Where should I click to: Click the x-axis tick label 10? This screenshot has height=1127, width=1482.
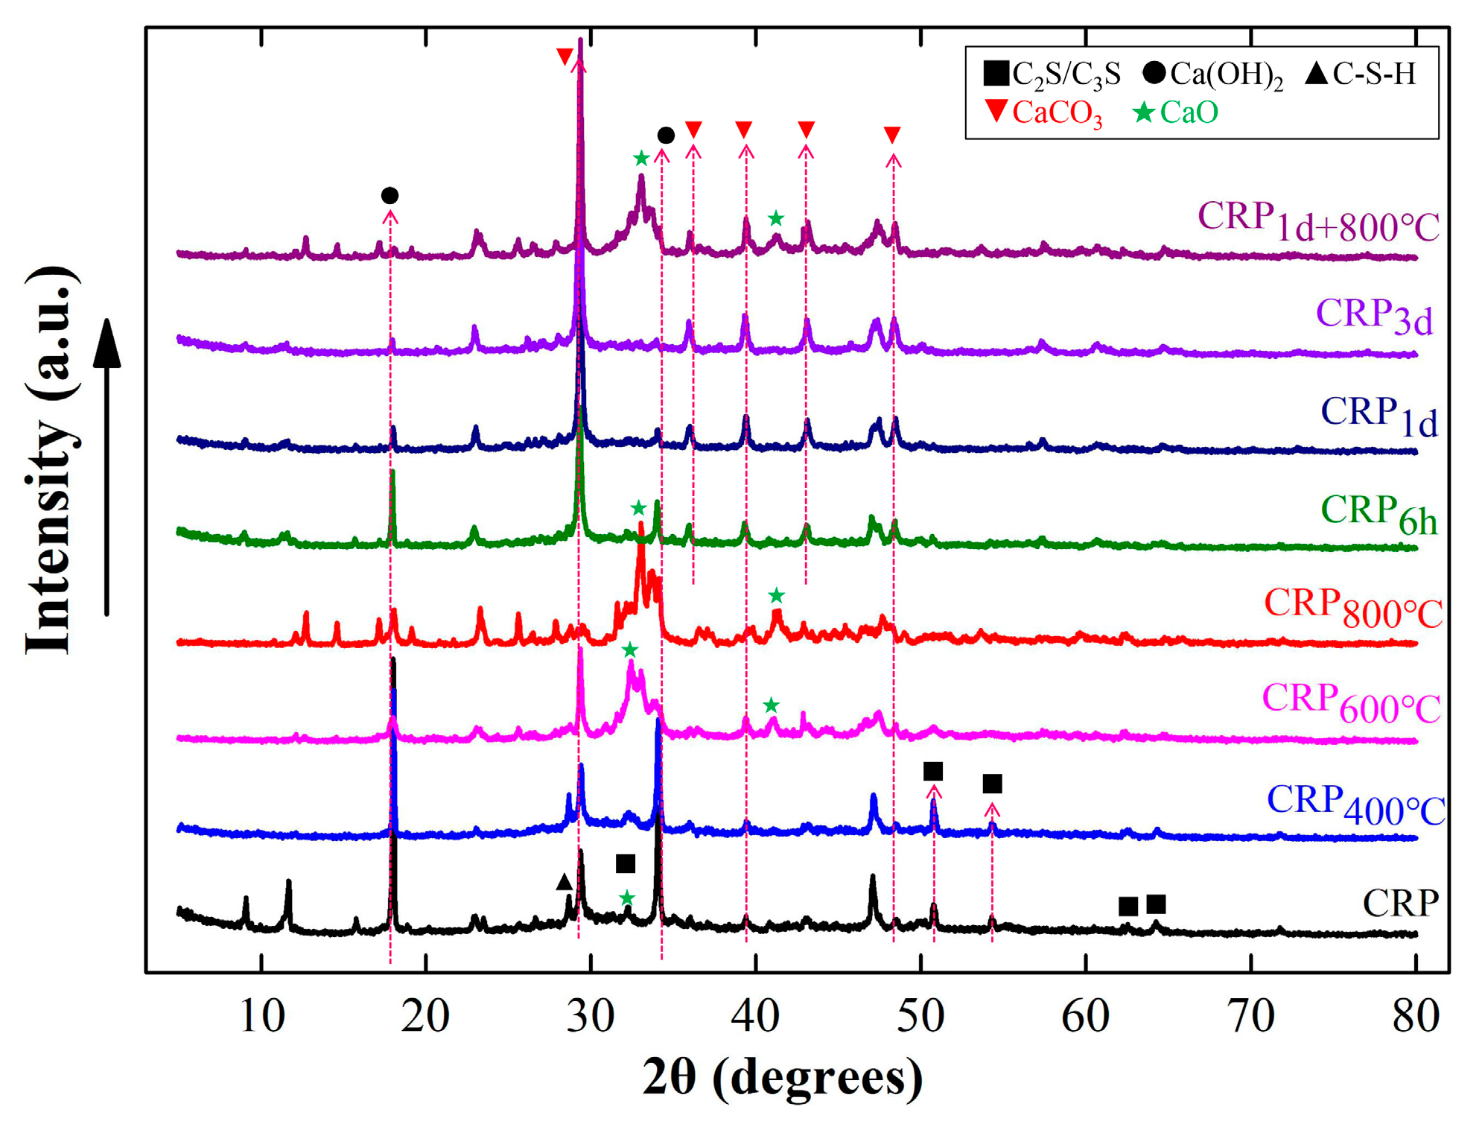[261, 1015]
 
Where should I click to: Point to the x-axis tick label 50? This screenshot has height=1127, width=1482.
[920, 1015]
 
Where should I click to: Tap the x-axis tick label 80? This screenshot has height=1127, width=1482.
[1415, 1015]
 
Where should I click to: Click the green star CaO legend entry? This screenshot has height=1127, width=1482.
[1176, 112]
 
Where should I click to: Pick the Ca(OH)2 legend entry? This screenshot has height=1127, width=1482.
[1213, 74]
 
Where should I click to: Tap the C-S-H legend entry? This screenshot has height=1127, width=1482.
[1361, 74]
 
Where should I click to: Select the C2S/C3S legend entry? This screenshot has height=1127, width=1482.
[1052, 74]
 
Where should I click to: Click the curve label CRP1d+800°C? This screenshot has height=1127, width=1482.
[1317, 223]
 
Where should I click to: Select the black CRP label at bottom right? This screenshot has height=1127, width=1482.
[1400, 904]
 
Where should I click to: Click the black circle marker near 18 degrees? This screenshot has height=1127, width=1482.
[389, 196]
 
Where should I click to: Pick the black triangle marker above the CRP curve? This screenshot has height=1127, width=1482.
[565, 882]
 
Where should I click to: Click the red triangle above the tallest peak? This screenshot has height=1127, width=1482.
[565, 57]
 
